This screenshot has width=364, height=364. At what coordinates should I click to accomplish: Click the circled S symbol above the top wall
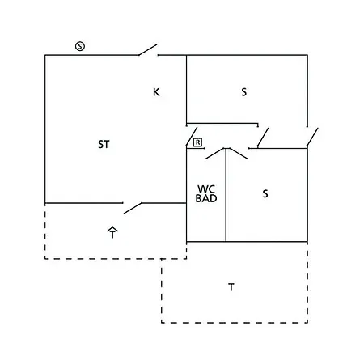80,46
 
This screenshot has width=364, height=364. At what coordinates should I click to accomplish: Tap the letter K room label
156,92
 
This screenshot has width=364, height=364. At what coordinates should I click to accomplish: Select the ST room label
104,144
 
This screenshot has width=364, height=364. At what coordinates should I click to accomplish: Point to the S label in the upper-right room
243,92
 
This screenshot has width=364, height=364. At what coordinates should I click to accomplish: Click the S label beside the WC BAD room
265,193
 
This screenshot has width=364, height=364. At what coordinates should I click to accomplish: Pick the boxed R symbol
197,142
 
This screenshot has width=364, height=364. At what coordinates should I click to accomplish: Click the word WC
206,188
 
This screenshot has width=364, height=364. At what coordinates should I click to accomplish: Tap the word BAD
206,198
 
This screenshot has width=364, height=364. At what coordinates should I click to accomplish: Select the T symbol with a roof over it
112,233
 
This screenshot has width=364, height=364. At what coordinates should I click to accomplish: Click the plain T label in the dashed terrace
231,287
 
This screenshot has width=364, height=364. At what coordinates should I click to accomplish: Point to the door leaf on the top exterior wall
148,50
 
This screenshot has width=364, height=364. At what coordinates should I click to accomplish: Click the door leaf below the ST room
133,208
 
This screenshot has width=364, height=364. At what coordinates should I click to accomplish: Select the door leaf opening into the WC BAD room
215,154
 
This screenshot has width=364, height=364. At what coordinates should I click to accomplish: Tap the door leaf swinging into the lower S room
239,154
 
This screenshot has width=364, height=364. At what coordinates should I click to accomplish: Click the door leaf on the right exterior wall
312,138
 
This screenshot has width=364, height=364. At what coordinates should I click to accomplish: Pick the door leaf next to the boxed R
192,137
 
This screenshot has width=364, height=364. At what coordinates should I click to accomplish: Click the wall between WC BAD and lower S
226,195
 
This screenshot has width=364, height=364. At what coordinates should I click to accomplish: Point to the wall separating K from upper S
186,91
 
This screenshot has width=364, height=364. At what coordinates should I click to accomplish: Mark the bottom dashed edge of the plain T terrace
235,322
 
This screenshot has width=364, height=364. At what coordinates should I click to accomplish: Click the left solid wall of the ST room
45,129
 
